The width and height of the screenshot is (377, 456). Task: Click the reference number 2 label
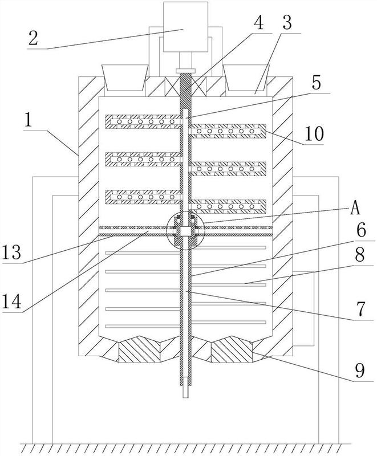33,38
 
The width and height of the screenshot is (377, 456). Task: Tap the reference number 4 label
258,23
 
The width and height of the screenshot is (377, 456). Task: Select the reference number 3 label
287,23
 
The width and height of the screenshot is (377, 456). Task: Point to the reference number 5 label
316,82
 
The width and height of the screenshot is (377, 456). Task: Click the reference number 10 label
314,134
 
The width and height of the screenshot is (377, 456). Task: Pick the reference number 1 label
28,121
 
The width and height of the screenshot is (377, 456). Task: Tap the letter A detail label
355,208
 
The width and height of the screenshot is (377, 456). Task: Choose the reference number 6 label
360,231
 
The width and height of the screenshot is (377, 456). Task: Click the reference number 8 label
360,255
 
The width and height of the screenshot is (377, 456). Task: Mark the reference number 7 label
360,309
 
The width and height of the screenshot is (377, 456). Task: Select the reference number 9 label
360,370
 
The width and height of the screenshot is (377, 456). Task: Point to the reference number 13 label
11,252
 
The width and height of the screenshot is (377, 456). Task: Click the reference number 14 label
11,302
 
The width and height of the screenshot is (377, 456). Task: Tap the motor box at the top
185,27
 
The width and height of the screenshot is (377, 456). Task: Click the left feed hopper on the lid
125,77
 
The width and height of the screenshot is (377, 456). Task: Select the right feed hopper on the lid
246,77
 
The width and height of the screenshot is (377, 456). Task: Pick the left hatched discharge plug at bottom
139,349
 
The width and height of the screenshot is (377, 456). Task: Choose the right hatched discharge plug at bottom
232,349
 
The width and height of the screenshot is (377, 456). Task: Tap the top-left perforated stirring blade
144,121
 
